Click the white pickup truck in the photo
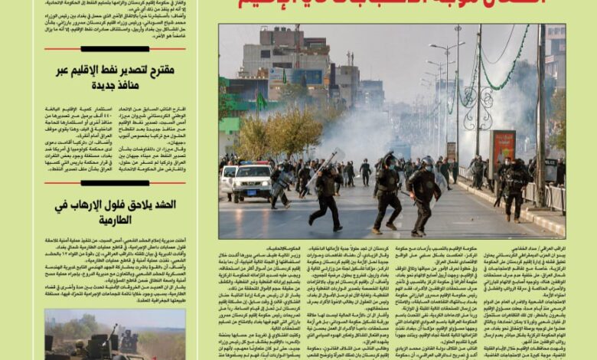point(251,182)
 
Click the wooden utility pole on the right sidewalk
point(540,115)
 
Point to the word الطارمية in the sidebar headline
point(115,220)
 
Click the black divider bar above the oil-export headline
point(115,49)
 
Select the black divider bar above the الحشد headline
point(115,183)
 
